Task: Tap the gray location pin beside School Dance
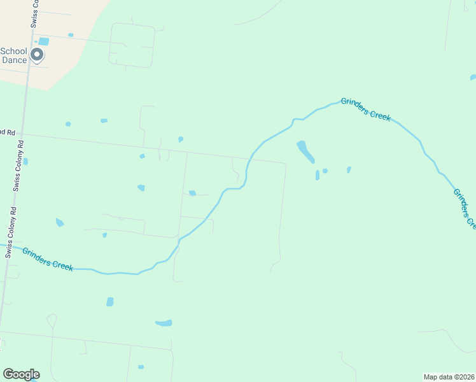pos(38,55)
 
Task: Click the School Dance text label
pos(14,56)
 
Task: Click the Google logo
pos(21,374)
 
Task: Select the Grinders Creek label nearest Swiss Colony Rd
pos(48,259)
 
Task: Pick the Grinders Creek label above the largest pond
pos(365,110)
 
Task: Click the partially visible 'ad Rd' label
pos(7,132)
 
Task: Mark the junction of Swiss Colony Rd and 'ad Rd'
pos(23,134)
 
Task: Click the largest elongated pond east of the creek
pos(305,152)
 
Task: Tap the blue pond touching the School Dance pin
pos(43,42)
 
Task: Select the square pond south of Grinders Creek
pos(109,301)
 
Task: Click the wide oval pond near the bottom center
pos(164,323)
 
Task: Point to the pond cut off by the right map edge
pos(473,77)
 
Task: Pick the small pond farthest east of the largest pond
pos(349,170)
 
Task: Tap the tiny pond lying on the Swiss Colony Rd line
pos(25,162)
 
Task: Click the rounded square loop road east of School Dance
pos(132,45)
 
